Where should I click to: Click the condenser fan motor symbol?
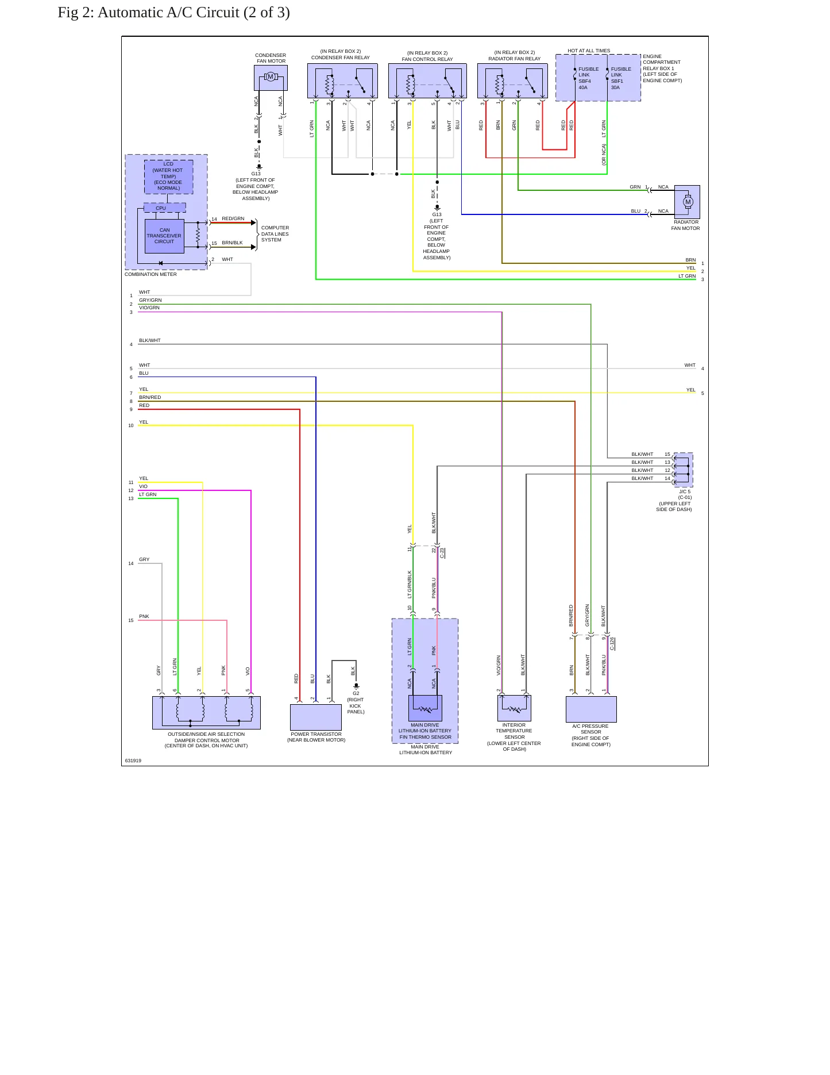click(271, 78)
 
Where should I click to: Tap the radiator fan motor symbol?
click(687, 202)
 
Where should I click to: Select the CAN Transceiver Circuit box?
click(164, 236)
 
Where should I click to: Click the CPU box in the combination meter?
click(164, 208)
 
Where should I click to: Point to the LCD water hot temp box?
click(168, 176)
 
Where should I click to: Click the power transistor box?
click(316, 717)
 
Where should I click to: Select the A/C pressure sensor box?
click(591, 709)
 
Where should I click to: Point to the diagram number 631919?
click(133, 761)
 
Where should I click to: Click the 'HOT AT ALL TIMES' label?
click(589, 51)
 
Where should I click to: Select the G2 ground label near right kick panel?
click(356, 693)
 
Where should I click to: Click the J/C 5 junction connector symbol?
click(683, 470)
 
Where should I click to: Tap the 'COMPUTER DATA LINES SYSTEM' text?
click(275, 234)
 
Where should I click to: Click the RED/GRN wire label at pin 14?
click(233, 218)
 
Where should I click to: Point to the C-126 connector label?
click(612, 644)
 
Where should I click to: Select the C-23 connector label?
click(442, 553)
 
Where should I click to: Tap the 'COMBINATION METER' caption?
click(150, 274)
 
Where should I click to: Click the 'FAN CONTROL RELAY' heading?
click(427, 59)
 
